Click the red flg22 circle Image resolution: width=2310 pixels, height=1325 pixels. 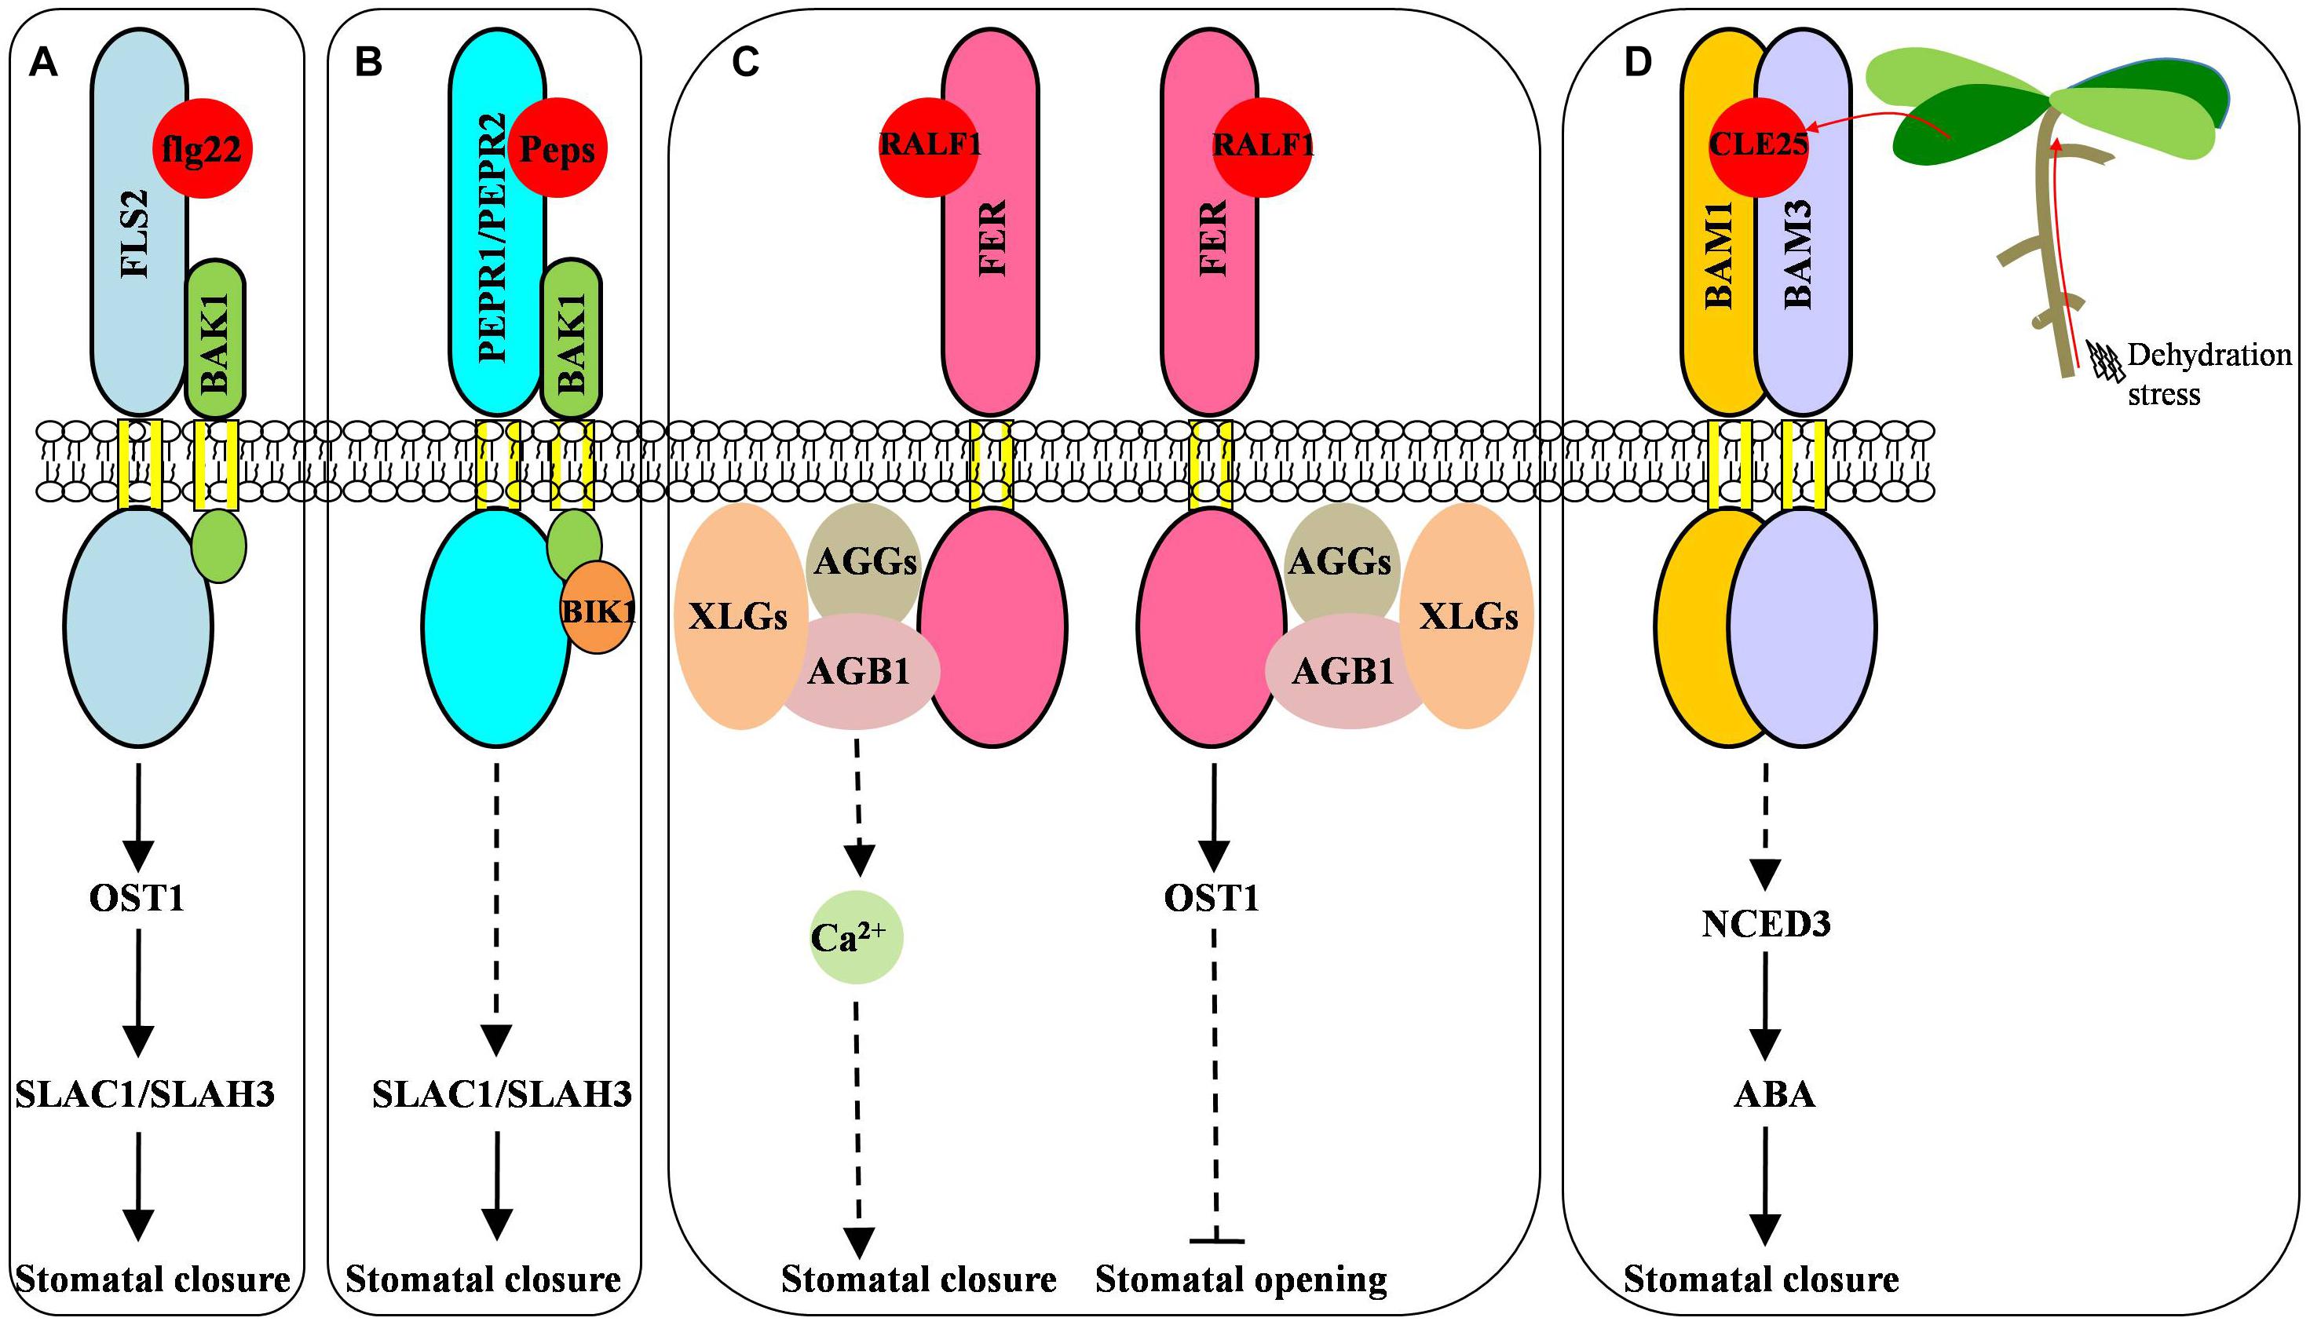pos(202,148)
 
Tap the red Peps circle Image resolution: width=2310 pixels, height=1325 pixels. pos(557,148)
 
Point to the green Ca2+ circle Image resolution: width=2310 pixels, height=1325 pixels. pos(856,937)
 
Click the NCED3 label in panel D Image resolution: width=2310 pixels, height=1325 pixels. pos(1766,925)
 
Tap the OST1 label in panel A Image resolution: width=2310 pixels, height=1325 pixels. pos(137,898)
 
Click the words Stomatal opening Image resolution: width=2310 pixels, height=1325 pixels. pos(1241,1279)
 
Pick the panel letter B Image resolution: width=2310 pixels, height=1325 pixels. pos(368,64)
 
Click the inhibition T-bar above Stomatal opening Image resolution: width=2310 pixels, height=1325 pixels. pos(1217,1239)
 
